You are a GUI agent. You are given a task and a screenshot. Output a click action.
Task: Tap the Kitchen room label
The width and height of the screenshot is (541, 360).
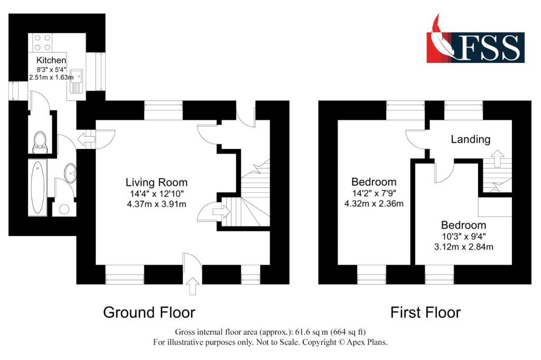(51, 60)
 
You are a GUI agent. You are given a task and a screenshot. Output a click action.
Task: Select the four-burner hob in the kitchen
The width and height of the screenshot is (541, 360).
(42, 43)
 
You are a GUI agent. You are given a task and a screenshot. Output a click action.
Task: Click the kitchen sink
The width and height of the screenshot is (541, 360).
(76, 81)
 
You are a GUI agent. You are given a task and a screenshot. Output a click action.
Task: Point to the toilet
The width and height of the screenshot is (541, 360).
(40, 142)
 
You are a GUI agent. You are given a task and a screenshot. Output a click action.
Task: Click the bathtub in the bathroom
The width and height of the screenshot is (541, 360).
(38, 188)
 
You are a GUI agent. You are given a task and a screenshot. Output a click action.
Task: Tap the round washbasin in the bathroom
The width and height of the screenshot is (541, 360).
(70, 173)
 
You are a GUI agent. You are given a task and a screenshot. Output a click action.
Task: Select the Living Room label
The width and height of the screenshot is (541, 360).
(156, 183)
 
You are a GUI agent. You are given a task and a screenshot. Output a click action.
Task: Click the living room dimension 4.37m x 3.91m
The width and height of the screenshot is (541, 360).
(156, 204)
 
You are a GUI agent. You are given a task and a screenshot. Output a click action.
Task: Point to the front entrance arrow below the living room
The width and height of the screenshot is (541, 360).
(192, 286)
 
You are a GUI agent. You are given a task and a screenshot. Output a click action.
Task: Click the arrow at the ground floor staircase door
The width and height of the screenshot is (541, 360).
(221, 211)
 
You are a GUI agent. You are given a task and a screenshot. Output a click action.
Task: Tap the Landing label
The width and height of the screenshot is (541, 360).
(471, 139)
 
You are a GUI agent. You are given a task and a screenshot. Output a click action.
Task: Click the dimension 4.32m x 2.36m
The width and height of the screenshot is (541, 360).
(374, 204)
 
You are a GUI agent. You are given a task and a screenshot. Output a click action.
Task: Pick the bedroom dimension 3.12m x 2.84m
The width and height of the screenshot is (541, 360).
(463, 247)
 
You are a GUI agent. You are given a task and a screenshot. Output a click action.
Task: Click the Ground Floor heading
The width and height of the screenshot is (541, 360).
(149, 312)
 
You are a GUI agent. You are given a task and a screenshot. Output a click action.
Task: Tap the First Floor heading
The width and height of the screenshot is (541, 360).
(425, 313)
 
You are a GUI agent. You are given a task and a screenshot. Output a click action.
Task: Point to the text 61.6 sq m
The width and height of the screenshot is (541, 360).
(310, 332)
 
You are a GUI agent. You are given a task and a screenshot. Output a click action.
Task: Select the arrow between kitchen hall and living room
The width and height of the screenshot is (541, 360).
(86, 139)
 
